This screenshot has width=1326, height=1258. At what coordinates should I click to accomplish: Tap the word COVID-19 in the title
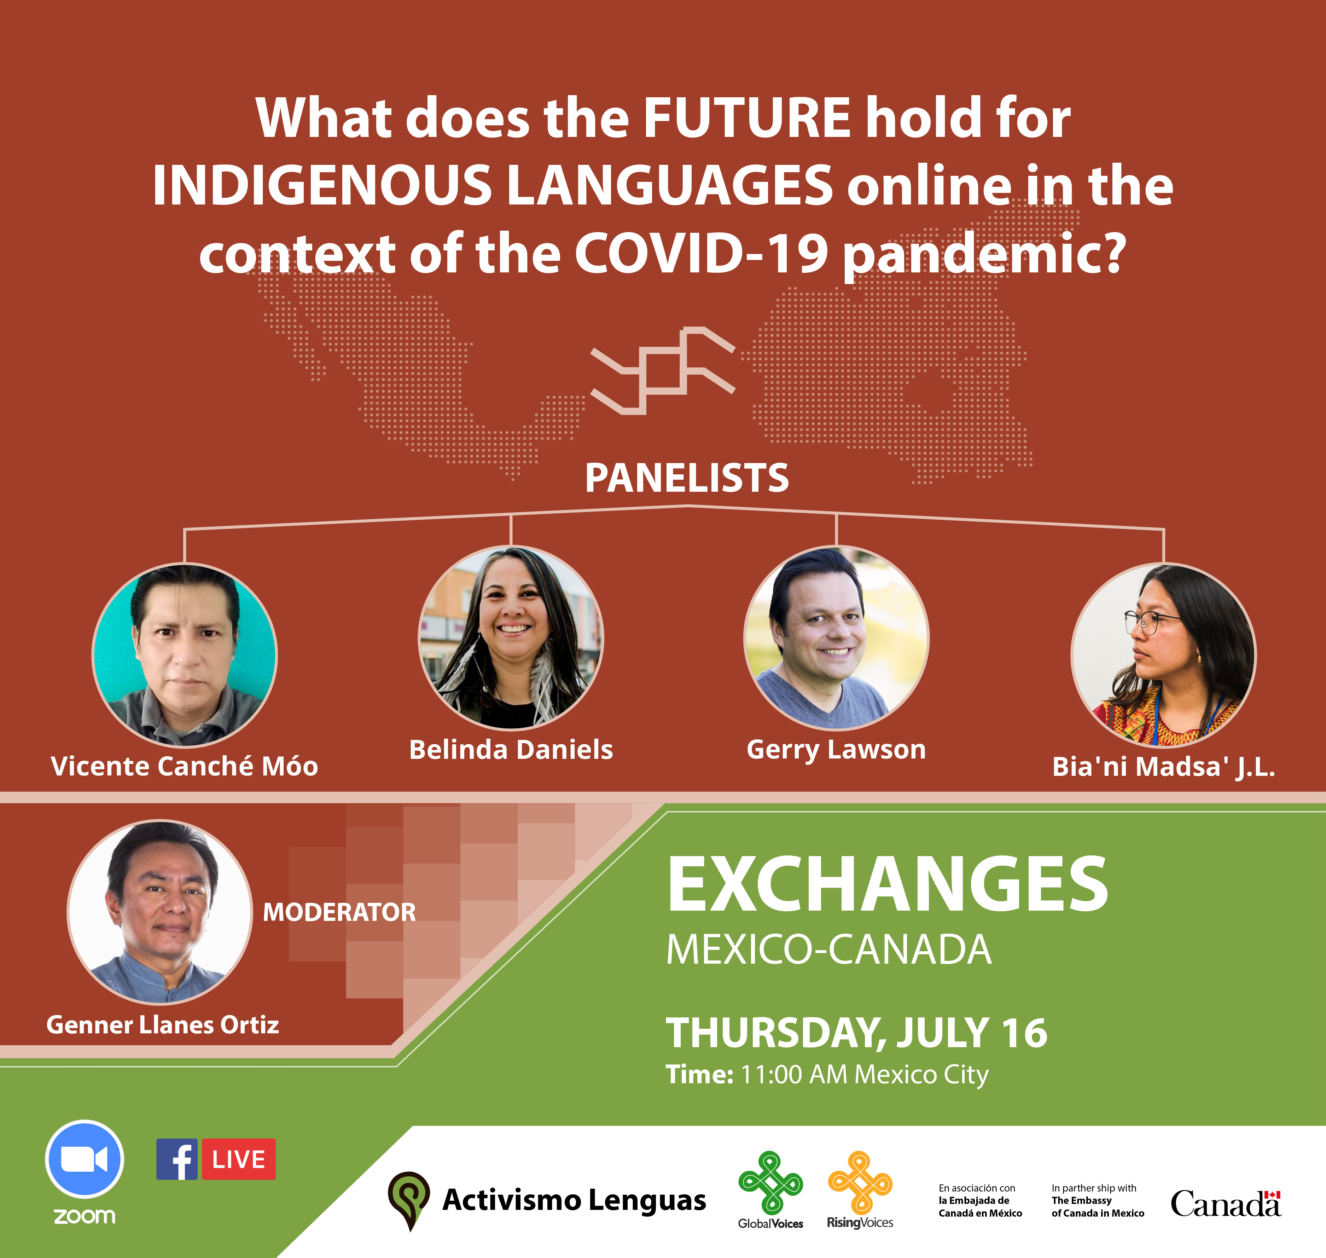[700, 255]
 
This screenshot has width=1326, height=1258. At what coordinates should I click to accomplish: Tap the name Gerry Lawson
[836, 750]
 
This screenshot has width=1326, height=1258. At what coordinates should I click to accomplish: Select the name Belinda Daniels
[511, 750]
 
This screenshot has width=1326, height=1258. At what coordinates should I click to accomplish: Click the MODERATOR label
[339, 912]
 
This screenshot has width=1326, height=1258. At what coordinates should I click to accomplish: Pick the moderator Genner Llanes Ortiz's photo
[159, 912]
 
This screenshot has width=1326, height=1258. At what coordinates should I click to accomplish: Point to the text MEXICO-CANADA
[828, 950]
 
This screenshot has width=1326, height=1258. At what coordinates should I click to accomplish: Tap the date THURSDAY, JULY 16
[856, 1033]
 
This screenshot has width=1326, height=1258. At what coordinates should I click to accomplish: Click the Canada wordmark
[1226, 1204]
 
